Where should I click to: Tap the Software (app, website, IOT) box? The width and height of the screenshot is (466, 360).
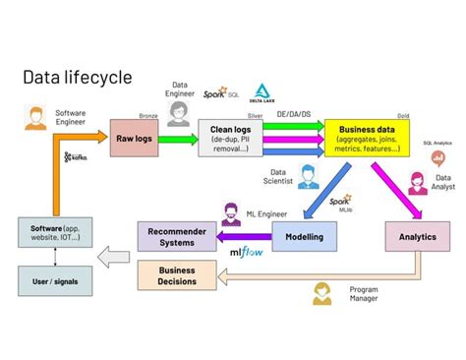(x=55, y=235)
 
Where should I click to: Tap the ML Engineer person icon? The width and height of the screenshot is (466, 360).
(x=233, y=213)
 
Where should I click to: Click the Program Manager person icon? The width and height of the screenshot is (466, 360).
(x=320, y=294)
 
